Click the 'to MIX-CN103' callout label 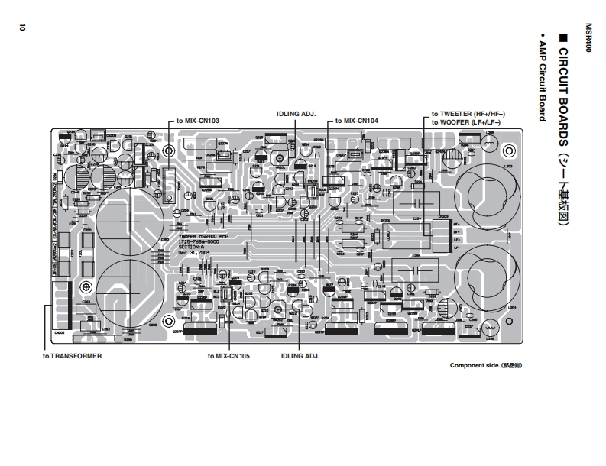[x=198, y=121]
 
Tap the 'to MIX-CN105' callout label [x=228, y=356]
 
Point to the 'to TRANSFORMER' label [x=72, y=356]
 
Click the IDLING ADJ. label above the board [x=296, y=113]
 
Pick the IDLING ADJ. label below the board [x=300, y=356]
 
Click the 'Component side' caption [x=485, y=366]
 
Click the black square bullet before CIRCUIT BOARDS [x=565, y=36]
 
